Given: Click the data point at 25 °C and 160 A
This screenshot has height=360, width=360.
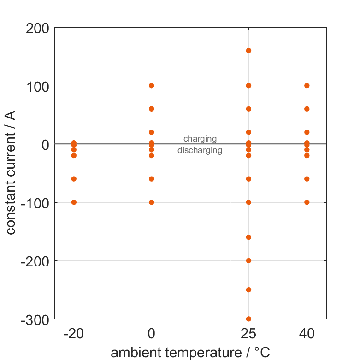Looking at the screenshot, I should click(x=248, y=51).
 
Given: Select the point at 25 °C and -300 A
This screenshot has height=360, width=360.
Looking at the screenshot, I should click(x=248, y=319).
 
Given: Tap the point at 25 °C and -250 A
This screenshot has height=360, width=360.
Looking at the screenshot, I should click(x=248, y=290).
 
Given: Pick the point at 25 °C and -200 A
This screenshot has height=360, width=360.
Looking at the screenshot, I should click(x=248, y=260).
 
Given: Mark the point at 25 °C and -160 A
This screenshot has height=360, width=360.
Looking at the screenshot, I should click(x=248, y=237).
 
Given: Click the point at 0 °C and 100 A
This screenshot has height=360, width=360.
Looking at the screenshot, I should click(x=152, y=86).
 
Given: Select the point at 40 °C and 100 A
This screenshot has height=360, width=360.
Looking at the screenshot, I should click(x=307, y=86).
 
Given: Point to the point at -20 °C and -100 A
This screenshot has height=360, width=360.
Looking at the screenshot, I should click(x=74, y=202).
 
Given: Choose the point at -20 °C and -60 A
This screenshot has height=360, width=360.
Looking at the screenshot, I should click(x=74, y=179).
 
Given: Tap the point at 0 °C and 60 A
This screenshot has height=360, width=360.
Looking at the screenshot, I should click(x=152, y=109).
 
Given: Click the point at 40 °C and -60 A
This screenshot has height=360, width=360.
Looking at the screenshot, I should click(x=307, y=179).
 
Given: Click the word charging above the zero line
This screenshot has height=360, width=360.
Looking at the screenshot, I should click(x=200, y=139).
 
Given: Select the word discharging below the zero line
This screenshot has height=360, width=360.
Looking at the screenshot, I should click(x=200, y=150).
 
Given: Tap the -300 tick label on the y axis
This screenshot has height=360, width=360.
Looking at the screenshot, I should click(x=35, y=319).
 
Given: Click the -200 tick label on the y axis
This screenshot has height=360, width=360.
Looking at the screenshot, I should click(x=35, y=261).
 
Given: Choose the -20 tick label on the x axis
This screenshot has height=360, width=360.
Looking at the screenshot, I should click(x=74, y=334).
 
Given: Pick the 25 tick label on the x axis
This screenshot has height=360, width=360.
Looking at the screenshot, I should click(x=248, y=334).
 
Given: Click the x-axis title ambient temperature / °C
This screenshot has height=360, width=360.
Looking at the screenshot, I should click(x=190, y=353).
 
